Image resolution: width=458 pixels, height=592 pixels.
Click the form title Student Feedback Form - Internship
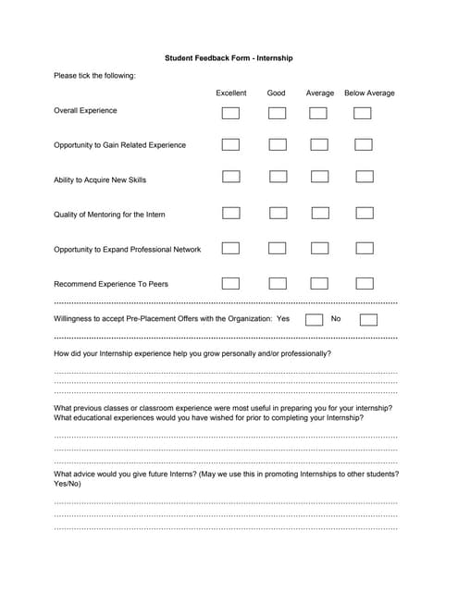[229, 57]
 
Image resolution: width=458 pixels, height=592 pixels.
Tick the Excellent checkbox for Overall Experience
[230, 113]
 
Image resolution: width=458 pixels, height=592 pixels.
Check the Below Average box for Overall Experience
[363, 113]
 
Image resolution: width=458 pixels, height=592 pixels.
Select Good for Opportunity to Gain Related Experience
[278, 144]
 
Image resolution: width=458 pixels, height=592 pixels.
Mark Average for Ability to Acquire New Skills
[319, 176]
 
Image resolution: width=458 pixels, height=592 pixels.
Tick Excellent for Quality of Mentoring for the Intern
[230, 213]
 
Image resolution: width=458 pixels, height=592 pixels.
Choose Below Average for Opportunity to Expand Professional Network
[365, 248]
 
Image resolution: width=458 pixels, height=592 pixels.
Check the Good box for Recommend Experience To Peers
[278, 283]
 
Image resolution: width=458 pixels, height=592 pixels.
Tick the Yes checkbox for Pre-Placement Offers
[314, 320]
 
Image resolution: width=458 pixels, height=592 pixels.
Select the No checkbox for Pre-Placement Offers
[368, 320]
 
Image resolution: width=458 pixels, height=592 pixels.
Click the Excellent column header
[231, 92]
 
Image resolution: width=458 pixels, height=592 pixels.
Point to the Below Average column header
[369, 92]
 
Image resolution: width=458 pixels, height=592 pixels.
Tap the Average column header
[320, 92]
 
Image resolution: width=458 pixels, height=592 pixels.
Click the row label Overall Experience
[85, 110]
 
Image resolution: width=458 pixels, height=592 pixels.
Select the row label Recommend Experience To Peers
[111, 284]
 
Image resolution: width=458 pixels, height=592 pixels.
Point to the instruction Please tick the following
[94, 75]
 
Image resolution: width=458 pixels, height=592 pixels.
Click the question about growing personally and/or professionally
[192, 353]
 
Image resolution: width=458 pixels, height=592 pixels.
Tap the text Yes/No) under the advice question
[68, 483]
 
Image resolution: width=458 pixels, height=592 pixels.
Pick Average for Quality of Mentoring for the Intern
[320, 213]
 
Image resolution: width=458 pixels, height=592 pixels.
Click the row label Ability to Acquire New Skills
[100, 179]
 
